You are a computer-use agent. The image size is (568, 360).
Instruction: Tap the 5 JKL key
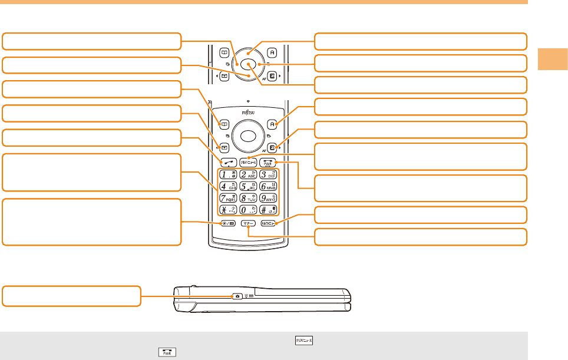(x=248, y=186)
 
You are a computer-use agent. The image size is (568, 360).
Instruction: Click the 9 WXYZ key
(x=269, y=198)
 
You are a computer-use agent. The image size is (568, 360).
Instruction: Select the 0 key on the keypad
(x=248, y=210)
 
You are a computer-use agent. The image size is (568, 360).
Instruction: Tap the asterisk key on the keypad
(x=227, y=210)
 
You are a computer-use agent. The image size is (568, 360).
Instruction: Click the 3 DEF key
(x=269, y=174)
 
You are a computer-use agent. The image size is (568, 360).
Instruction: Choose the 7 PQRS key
(x=227, y=198)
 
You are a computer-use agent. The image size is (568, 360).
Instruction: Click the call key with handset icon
(x=227, y=161)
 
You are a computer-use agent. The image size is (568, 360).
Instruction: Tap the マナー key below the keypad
(x=248, y=223)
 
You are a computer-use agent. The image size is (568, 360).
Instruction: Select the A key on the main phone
(x=272, y=124)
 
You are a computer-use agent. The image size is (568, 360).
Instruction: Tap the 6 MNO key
(x=269, y=186)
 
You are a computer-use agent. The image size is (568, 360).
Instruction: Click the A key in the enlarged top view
(x=272, y=52)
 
